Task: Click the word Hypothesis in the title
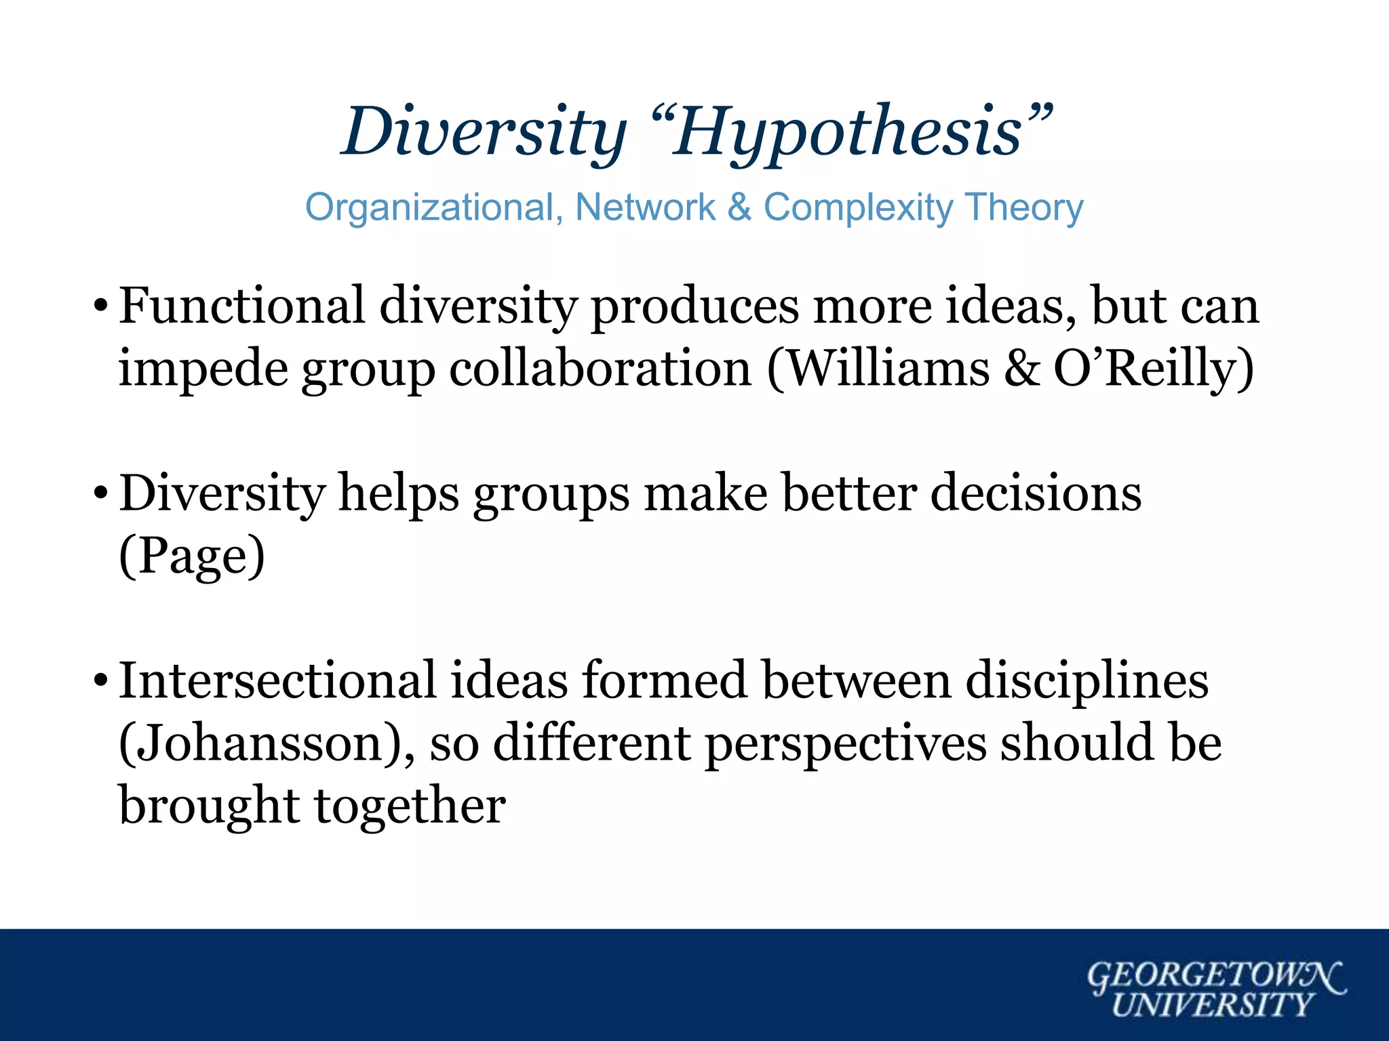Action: pyautogui.click(x=848, y=132)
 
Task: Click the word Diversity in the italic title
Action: pyautogui.click(x=484, y=132)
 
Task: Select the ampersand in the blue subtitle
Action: pyautogui.click(x=739, y=207)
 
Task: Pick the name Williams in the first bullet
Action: pyautogui.click(x=888, y=369)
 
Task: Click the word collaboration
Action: pyautogui.click(x=600, y=369)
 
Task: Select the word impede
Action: pyautogui.click(x=203, y=369)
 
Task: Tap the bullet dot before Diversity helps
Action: pyautogui.click(x=100, y=491)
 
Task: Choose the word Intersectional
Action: pyautogui.click(x=277, y=680)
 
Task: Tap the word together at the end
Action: pyautogui.click(x=410, y=807)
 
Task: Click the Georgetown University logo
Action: pyautogui.click(x=1214, y=989)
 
